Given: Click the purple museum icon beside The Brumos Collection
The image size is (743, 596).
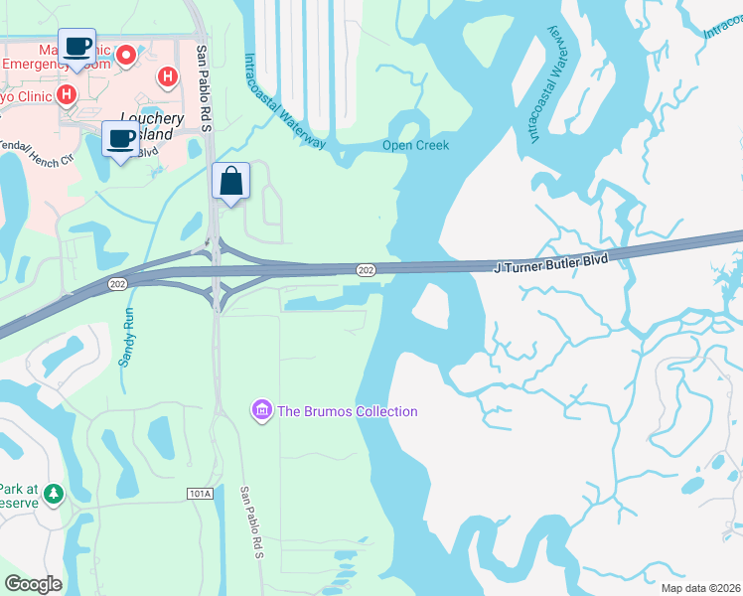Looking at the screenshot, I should [262, 410].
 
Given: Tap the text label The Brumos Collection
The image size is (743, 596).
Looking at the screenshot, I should [348, 411].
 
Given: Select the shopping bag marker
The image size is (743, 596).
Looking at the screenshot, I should [230, 182].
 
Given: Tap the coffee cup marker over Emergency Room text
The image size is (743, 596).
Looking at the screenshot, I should [77, 47].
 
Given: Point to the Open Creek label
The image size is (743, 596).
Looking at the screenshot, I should [416, 145].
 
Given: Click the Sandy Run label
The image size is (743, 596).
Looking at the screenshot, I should [126, 337].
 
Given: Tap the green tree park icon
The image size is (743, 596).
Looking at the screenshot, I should [52, 492].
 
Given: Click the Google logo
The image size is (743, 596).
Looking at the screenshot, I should [34, 584].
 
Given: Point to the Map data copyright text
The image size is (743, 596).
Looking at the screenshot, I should [699, 587].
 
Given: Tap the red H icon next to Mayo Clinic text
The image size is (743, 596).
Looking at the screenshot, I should [67, 95].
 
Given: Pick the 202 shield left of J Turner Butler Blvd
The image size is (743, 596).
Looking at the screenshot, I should [366, 268].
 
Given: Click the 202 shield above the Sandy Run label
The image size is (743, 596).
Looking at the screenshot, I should [115, 285].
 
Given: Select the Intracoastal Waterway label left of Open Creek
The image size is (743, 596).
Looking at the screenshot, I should [284, 101].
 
